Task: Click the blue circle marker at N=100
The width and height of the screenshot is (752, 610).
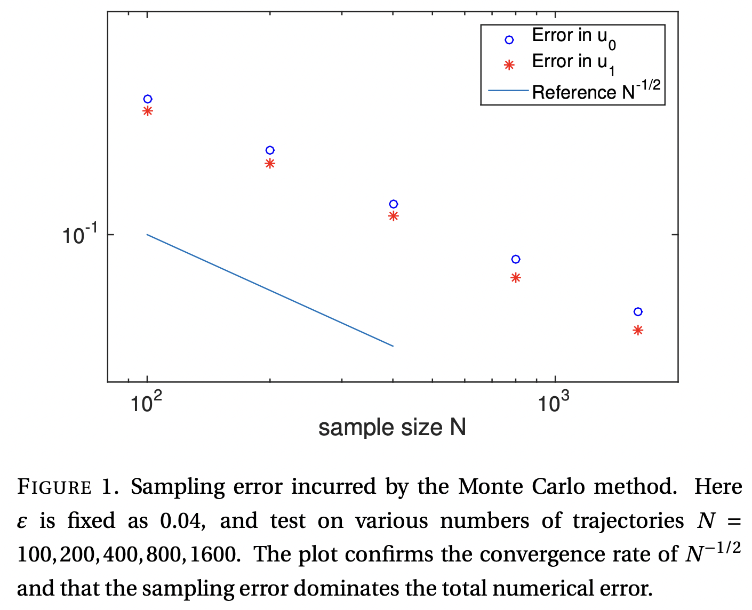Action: click(x=148, y=99)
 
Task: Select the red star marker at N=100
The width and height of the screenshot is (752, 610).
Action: click(x=148, y=111)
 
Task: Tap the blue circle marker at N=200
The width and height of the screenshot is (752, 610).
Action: click(x=270, y=150)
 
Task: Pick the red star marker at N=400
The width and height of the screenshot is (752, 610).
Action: click(x=394, y=216)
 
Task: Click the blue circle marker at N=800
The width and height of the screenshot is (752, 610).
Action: click(x=516, y=259)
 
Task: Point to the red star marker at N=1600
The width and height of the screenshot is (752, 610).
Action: click(x=638, y=331)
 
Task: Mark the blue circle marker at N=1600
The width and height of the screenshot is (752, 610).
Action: click(x=638, y=312)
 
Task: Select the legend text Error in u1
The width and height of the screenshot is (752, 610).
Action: click(x=574, y=63)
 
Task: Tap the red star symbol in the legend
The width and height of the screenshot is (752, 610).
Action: click(x=509, y=65)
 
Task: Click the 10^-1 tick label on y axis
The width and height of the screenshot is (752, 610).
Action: click(x=80, y=235)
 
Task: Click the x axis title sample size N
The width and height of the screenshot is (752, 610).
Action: click(x=392, y=428)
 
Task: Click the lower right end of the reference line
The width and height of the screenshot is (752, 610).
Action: click(x=393, y=346)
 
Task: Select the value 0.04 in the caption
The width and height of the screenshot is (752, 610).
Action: click(x=182, y=521)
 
